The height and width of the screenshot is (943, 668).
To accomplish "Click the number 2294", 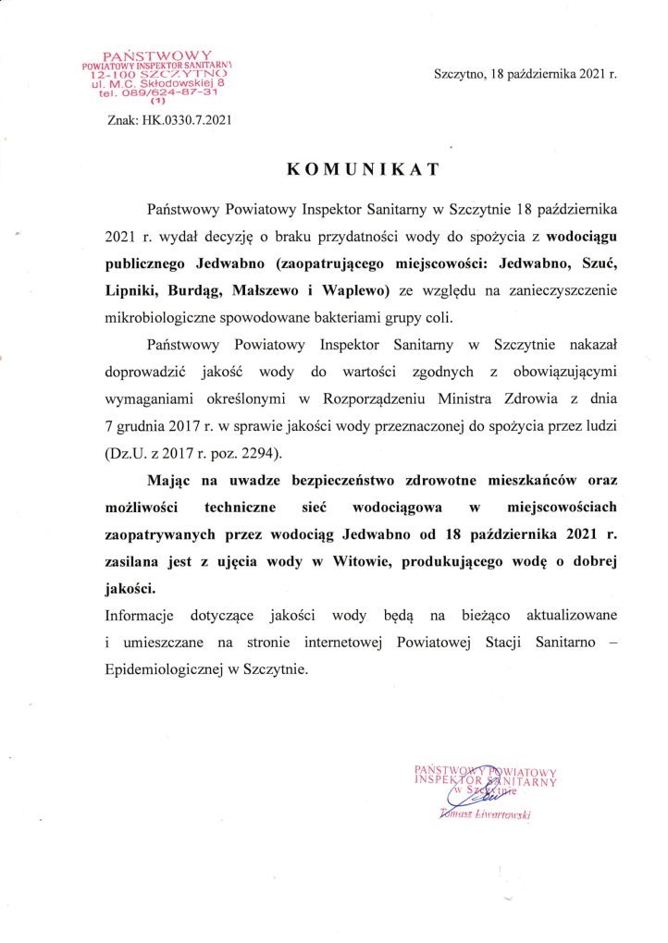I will point(255,455).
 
